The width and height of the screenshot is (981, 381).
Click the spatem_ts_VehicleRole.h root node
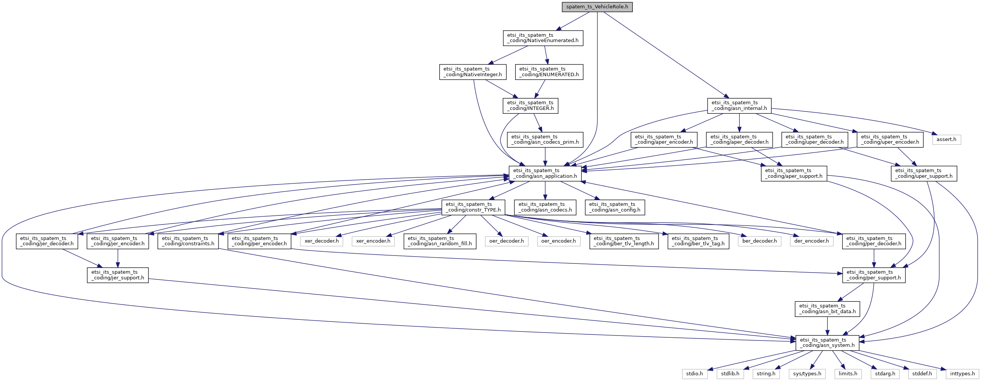[x=597, y=7]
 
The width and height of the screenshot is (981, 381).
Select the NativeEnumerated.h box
[x=543, y=38]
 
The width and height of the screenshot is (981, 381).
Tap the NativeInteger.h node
[x=473, y=72]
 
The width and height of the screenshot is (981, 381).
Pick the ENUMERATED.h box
[x=549, y=72]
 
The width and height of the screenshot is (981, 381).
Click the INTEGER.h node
[x=530, y=106]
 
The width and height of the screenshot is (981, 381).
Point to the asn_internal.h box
[x=739, y=106]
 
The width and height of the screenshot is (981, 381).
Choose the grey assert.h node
[x=946, y=140]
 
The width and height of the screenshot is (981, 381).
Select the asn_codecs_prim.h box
[x=545, y=140]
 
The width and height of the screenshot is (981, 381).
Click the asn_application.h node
[x=545, y=174]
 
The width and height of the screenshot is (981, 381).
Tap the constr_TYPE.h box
[x=473, y=207]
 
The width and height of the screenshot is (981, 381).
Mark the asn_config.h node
[x=615, y=207]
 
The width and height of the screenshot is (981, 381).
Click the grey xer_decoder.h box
[x=321, y=241]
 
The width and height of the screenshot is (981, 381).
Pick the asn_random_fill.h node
[x=440, y=241]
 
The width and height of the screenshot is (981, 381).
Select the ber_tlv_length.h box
[x=623, y=241]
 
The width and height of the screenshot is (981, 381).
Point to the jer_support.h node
[x=118, y=275]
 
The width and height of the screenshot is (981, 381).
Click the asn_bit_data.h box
[x=827, y=309]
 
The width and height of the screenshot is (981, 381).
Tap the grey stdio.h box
[x=694, y=374]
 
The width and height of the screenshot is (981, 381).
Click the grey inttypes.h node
[x=962, y=374]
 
